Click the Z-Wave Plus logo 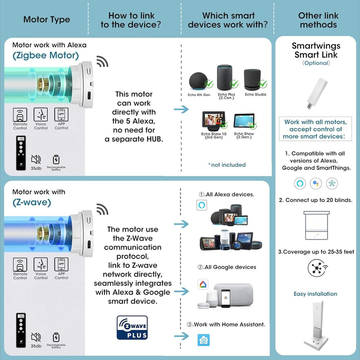(132, 327)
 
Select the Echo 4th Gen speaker (199, 81)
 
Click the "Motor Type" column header (46, 20)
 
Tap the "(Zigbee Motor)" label (45, 55)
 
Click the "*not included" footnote (226, 164)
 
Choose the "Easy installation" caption (315, 294)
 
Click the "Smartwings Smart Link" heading (315, 50)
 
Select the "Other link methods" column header (317, 20)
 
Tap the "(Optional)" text (315, 63)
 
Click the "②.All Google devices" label (226, 267)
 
